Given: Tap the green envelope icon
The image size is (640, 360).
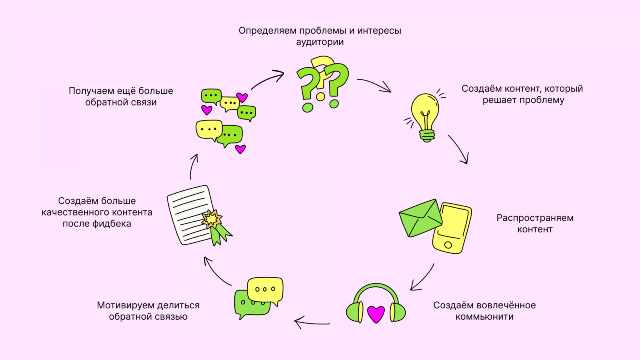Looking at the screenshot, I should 420,218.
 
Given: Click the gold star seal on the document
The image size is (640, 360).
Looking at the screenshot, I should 211,219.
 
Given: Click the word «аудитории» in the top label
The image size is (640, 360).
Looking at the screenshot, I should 320,42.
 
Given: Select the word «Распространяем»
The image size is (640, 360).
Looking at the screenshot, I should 535,218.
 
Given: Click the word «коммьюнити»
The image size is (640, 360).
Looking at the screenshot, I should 484,317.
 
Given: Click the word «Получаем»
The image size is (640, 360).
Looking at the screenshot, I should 86,91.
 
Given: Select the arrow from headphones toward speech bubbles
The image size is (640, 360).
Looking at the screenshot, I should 312,322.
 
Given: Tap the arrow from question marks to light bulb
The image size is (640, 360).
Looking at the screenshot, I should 374,84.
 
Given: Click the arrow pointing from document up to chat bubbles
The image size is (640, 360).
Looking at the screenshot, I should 193,166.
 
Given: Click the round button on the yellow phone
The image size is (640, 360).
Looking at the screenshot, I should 448,245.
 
